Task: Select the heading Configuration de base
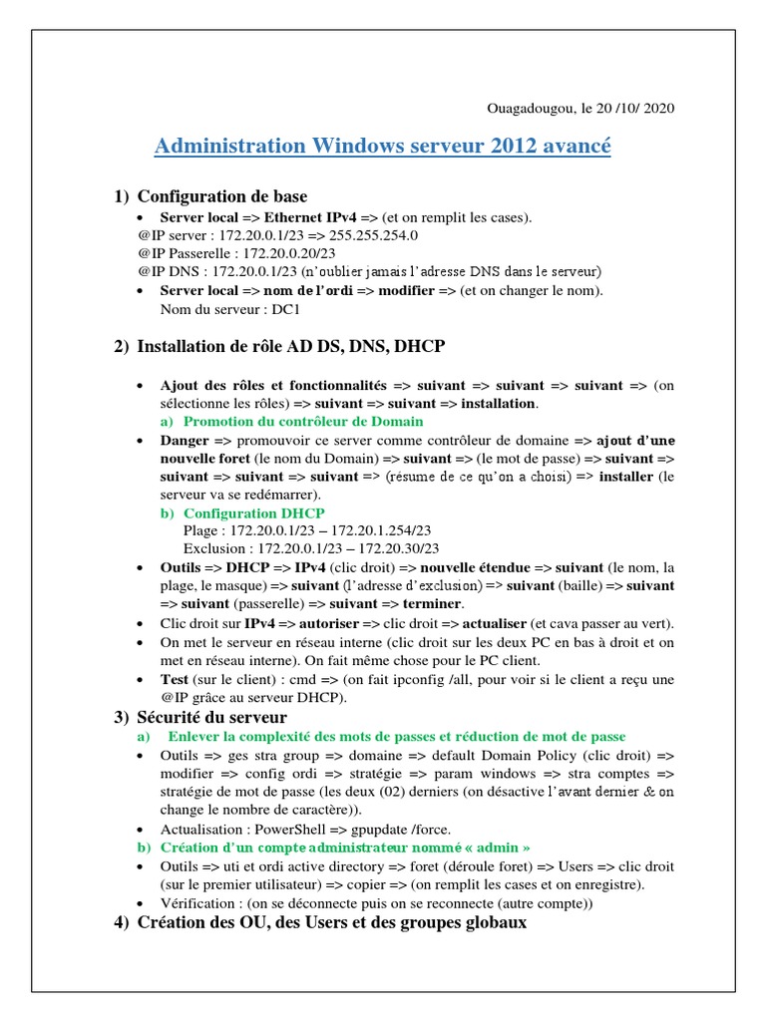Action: pyautogui.click(x=221, y=196)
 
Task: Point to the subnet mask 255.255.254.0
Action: pyautogui.click(x=366, y=235)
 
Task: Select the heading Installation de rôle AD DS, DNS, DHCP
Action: pyautogui.click(x=290, y=346)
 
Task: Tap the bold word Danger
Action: pyautogui.click(x=185, y=440)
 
